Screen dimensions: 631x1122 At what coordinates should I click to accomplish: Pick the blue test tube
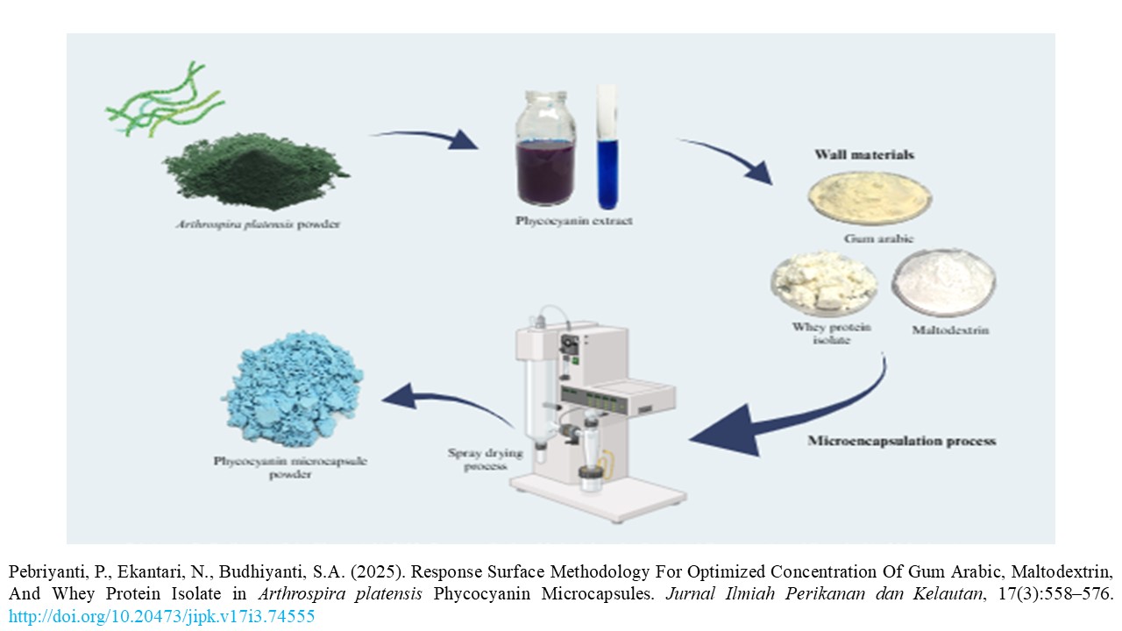click(607, 149)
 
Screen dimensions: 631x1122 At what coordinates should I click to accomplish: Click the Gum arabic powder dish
click(869, 198)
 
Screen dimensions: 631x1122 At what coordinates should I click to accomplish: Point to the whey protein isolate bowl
click(823, 283)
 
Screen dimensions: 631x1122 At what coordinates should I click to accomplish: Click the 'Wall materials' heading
click(851, 155)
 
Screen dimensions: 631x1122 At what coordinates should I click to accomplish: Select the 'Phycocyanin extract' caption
click(573, 221)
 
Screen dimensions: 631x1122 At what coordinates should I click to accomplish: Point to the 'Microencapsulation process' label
click(901, 441)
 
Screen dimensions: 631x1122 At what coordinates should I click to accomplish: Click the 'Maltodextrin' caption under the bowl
click(943, 331)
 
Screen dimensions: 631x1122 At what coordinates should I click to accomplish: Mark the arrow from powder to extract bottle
click(426, 138)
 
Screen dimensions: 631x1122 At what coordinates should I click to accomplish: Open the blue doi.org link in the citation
click(161, 616)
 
